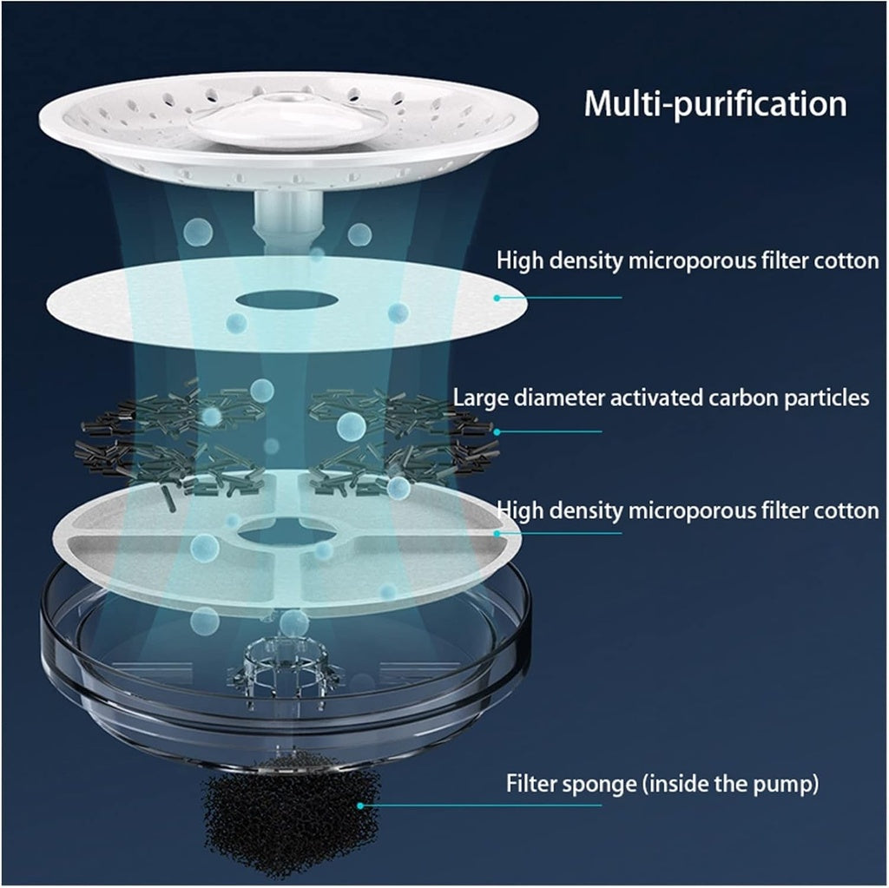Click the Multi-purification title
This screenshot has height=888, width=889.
click(x=714, y=104)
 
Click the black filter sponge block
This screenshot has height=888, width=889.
click(x=291, y=812)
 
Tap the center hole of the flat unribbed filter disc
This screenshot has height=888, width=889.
click(x=286, y=300)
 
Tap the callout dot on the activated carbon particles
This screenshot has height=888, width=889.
click(x=497, y=431)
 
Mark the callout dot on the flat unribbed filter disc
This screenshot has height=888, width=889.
click(x=497, y=297)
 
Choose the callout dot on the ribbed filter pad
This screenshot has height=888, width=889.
click(x=497, y=532)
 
